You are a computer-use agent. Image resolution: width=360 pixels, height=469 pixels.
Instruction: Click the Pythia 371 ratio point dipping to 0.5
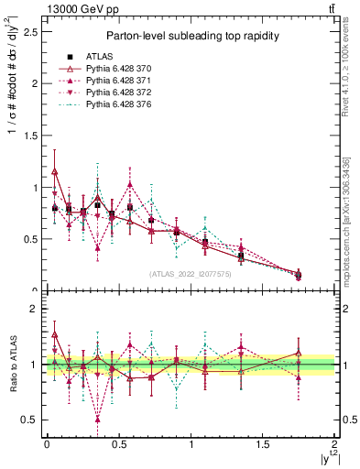pyautogui.click(x=97, y=420)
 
